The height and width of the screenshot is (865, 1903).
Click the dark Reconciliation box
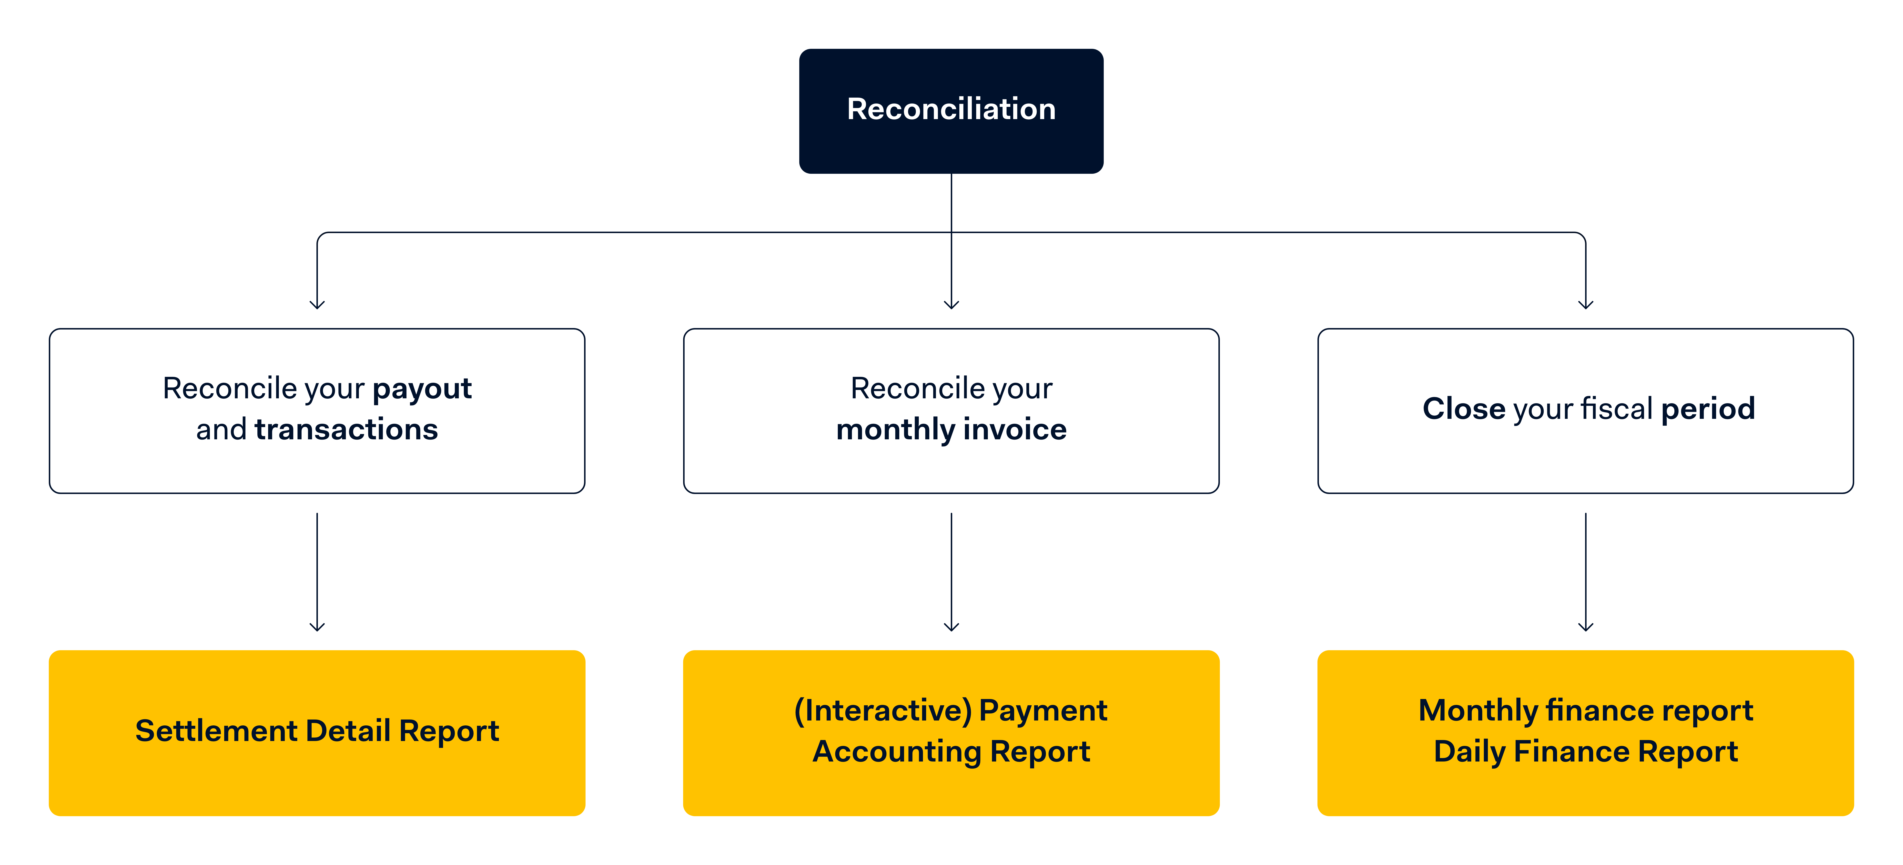click(951, 111)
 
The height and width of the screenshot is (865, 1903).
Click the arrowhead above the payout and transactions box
click(318, 305)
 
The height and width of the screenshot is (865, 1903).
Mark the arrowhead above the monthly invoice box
click(951, 305)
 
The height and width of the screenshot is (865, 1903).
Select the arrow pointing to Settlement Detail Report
click(318, 572)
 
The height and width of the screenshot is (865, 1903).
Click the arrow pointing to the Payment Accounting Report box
click(951, 572)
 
